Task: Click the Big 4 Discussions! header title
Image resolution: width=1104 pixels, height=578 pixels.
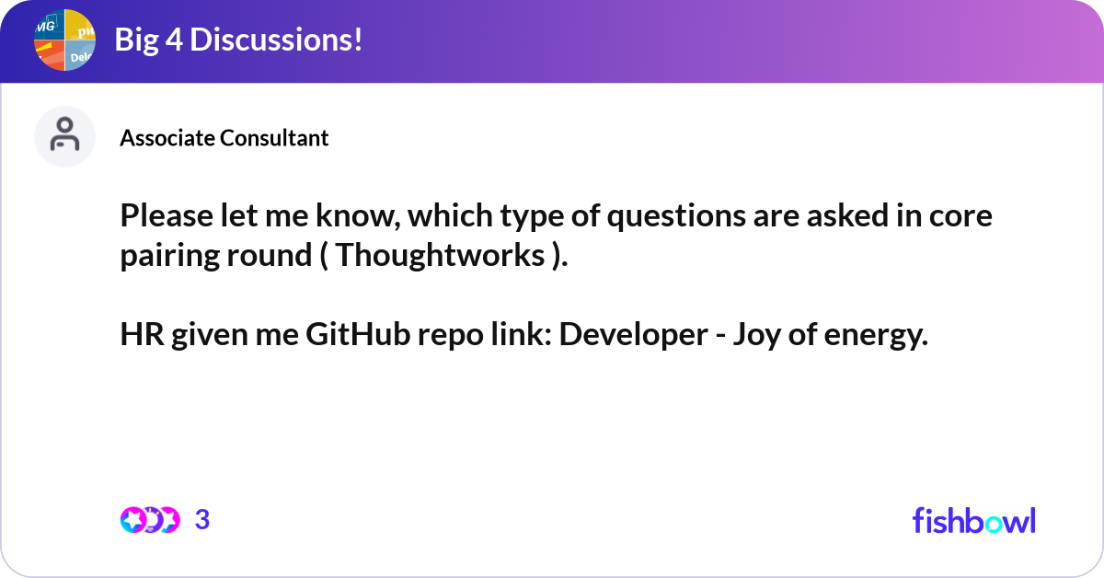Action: pyautogui.click(x=238, y=40)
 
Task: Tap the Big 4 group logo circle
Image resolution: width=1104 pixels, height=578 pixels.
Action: pyautogui.click(x=65, y=40)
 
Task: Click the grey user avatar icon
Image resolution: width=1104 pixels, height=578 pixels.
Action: pyautogui.click(x=64, y=136)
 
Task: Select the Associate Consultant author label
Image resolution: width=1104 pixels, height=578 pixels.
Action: pyautogui.click(x=224, y=138)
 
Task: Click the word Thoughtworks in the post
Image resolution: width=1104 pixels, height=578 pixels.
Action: pyautogui.click(x=440, y=256)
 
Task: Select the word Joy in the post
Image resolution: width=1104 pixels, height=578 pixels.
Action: pyautogui.click(x=756, y=337)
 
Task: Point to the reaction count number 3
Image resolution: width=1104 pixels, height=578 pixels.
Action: pyautogui.click(x=202, y=520)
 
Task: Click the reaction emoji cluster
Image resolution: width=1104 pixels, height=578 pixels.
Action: pyautogui.click(x=149, y=520)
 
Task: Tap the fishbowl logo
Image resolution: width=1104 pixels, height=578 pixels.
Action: pyautogui.click(x=973, y=520)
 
